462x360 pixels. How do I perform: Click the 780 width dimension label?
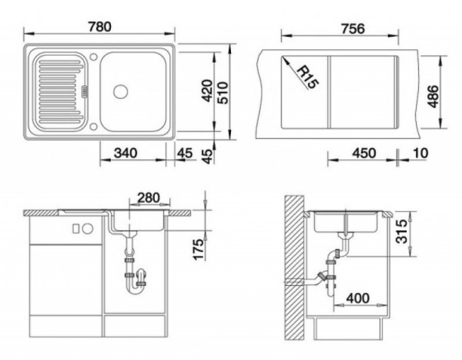point(100,27)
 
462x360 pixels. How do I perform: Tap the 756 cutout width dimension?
point(353,29)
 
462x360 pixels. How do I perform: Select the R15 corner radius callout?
point(308,78)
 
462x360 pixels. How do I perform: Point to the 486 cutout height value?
point(433,97)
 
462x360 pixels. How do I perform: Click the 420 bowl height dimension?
point(207,91)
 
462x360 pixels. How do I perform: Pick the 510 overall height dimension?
point(222,93)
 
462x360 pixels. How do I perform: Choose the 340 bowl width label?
point(126,153)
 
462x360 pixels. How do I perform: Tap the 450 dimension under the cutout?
point(364,153)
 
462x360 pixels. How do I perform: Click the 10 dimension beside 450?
point(421,153)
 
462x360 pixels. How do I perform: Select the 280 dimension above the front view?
point(149,198)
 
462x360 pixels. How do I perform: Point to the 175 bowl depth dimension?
point(198,250)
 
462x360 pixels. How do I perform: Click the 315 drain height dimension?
point(402,231)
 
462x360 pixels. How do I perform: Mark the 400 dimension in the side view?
point(358,298)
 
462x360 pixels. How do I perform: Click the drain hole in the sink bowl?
point(121,91)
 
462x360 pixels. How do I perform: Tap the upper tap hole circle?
point(93,57)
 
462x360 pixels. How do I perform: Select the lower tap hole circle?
point(93,127)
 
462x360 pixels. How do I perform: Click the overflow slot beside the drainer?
point(85,91)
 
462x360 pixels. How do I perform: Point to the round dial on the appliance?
point(87,228)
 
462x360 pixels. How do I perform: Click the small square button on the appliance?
point(76,229)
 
